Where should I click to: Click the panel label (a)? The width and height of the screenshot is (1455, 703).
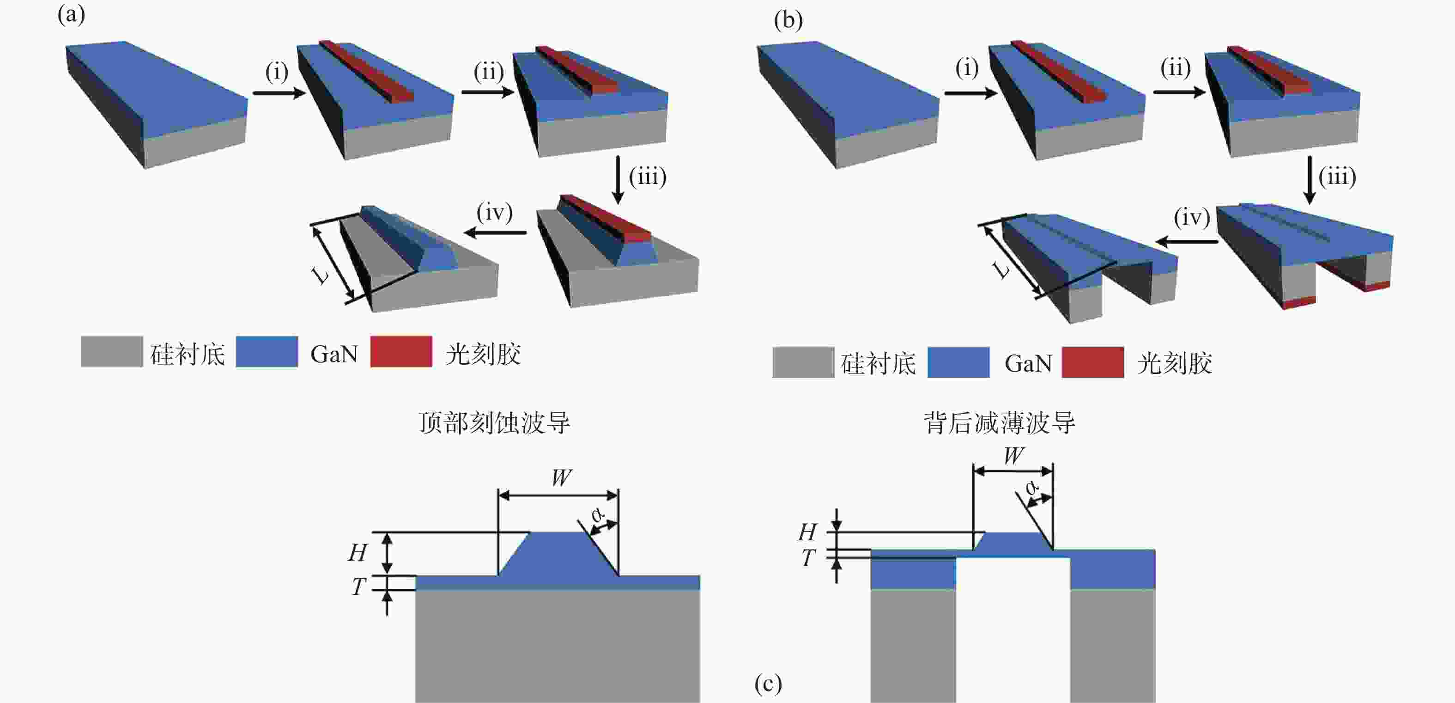[x=71, y=15]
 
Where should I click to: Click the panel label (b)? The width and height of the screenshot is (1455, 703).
[x=788, y=20]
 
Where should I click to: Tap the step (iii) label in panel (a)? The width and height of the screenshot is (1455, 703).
[x=648, y=177]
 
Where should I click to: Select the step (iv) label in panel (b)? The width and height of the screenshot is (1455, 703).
[x=1192, y=217]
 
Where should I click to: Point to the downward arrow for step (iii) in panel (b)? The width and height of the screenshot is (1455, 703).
[x=1310, y=180]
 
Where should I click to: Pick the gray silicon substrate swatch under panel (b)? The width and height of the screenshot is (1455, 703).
[x=803, y=362]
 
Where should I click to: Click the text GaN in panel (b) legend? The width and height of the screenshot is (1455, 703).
[x=1028, y=363]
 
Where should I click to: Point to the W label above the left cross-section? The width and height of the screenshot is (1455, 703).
[x=561, y=477]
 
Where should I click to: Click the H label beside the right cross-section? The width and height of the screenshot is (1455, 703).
[x=807, y=532]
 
